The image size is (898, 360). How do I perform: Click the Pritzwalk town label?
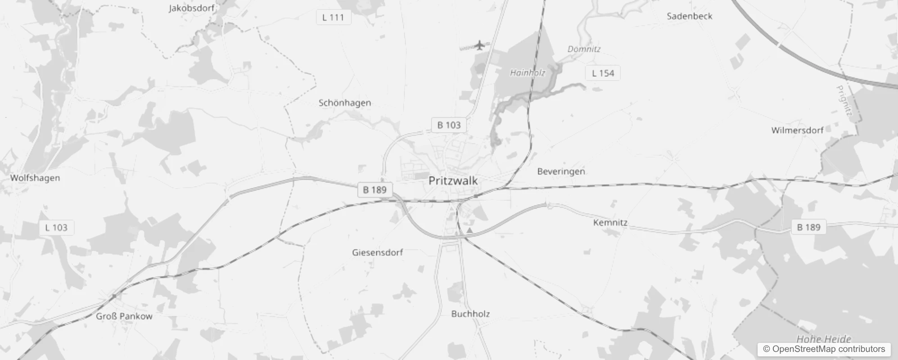point(453,181)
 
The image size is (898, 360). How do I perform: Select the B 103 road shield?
point(449,125)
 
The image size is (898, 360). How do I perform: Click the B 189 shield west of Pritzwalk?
point(375,189)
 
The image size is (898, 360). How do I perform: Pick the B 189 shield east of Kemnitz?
point(808,227)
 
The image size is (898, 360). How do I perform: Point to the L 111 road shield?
point(333,18)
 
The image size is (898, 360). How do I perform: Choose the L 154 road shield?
point(603,73)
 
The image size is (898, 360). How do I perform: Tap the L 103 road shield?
point(56,228)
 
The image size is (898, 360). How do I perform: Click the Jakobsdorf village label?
point(191,8)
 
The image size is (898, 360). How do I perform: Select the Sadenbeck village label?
point(689,16)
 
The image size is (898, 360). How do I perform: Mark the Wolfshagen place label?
point(35,178)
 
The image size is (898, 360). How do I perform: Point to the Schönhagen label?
point(345,103)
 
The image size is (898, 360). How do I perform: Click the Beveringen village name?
point(561,171)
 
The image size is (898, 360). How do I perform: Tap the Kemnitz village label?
point(610,223)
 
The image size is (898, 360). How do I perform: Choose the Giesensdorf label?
point(377,252)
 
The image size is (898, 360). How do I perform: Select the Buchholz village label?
point(470,314)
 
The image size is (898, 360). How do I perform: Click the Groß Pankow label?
point(124,316)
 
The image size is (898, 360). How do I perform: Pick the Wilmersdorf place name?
point(797,130)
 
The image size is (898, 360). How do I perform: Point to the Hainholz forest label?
point(527,73)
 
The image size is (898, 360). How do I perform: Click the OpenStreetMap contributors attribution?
point(824,349)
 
